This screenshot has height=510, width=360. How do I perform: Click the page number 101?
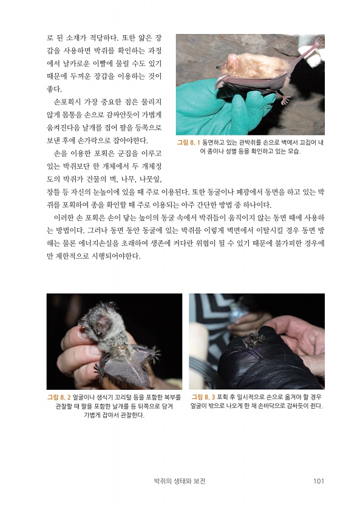[319, 481]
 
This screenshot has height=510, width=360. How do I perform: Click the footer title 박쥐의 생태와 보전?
[180, 481]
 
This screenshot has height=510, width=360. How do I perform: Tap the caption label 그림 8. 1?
[189, 143]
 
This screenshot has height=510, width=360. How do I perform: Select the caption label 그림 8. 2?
[59, 397]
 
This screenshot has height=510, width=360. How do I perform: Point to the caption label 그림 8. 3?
[203, 397]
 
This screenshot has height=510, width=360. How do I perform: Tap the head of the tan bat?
[230, 63]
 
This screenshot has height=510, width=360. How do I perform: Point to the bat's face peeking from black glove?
[254, 340]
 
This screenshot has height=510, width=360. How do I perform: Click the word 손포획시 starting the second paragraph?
[67, 102]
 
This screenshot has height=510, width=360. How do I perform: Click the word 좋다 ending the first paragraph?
[54, 89]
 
